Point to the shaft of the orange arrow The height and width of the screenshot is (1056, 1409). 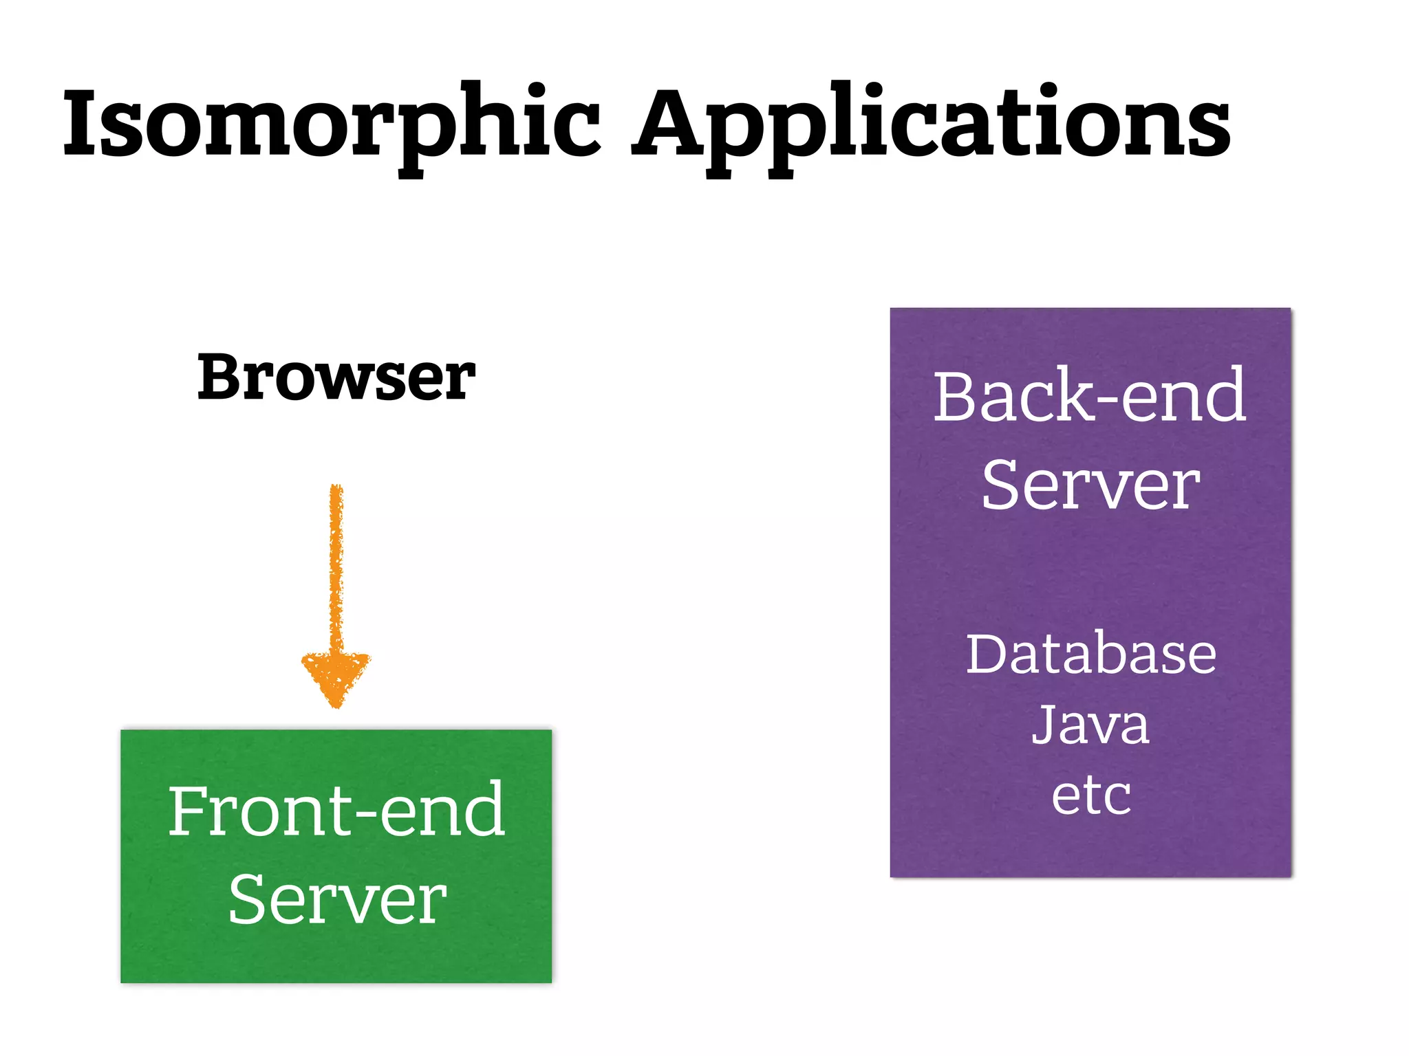tap(336, 564)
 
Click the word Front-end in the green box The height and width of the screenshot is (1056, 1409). tap(336, 811)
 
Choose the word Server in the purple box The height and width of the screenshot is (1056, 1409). tap(1090, 485)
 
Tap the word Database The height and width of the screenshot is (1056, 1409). tap(1090, 654)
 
